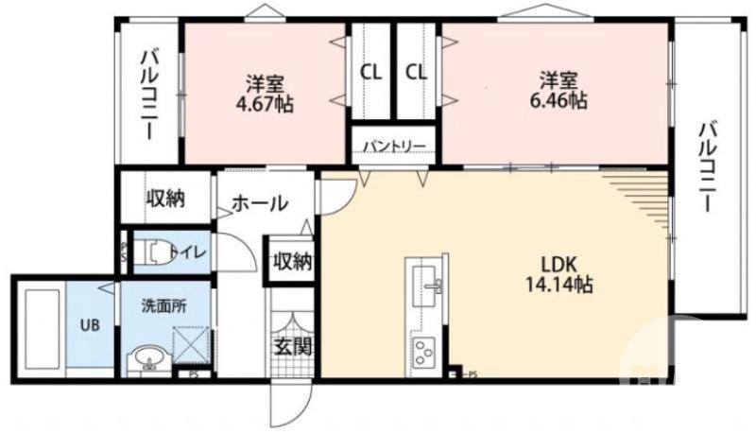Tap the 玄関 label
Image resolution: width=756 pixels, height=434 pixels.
click(291, 346)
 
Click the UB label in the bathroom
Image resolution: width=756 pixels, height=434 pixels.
click(89, 325)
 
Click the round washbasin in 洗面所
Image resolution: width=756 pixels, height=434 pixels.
click(146, 359)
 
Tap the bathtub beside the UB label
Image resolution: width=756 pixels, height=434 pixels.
click(38, 326)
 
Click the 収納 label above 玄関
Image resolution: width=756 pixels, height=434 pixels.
click(291, 261)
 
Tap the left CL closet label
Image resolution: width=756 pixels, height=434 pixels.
click(370, 71)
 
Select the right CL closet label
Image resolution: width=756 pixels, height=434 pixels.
click(417, 71)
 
